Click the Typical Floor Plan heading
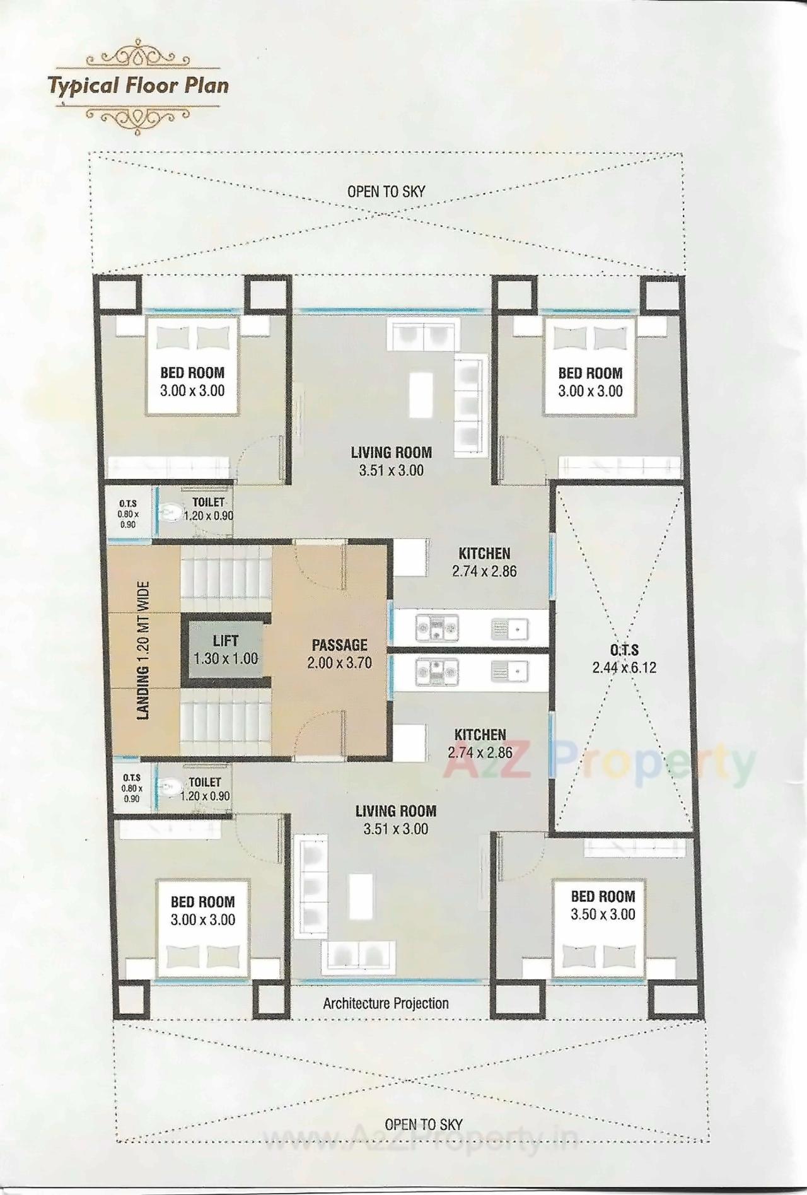coord(139,85)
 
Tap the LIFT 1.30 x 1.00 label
coord(225,650)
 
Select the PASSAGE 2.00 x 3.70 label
coord(339,653)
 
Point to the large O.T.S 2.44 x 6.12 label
coord(624,658)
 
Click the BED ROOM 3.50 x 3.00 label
coord(603,905)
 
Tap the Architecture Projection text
coord(386,1003)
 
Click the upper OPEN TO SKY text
coord(386,191)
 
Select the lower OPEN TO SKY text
coord(423,1124)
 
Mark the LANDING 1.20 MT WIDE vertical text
coord(144,651)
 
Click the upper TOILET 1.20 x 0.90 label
coord(208,508)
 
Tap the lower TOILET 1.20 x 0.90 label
coord(205,789)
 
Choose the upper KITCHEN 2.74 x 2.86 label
coord(484,562)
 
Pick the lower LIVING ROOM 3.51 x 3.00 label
coord(395,819)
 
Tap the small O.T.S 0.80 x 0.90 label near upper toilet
coord(128,513)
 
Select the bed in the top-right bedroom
coord(589,366)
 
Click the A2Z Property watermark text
coord(599,764)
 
